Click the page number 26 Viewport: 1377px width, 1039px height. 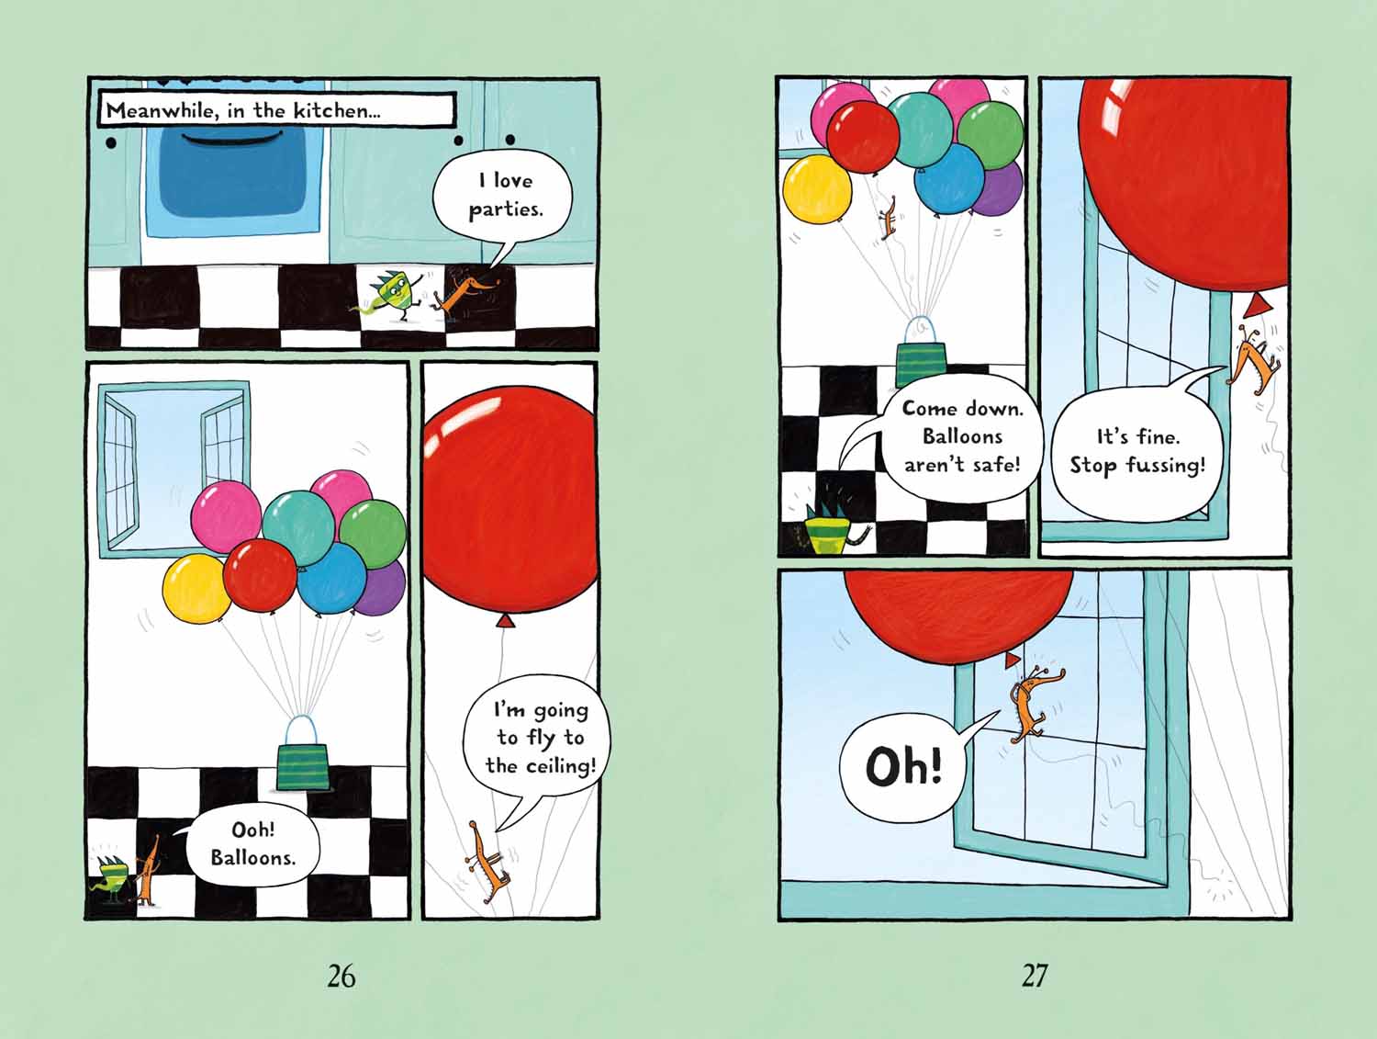(341, 976)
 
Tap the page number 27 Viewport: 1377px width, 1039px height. (1035, 976)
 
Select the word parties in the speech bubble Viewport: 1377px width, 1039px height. (506, 210)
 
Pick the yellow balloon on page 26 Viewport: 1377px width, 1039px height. (196, 589)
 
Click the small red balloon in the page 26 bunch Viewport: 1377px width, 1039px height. (259, 575)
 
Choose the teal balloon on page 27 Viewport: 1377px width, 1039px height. (920, 130)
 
